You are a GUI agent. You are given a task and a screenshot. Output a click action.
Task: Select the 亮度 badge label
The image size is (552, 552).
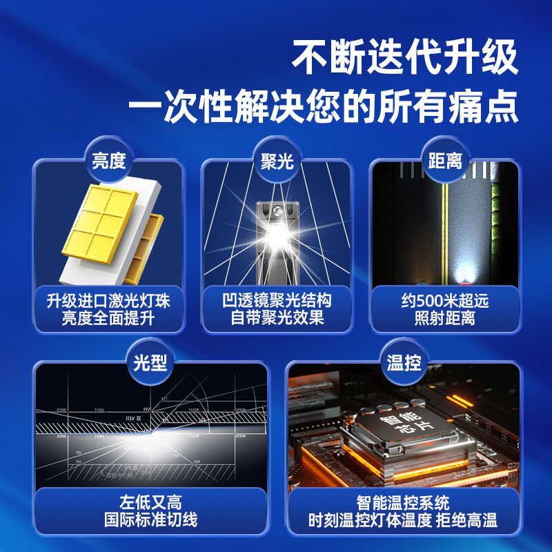tap(108, 161)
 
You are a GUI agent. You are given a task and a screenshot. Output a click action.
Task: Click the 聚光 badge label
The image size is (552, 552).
tap(276, 161)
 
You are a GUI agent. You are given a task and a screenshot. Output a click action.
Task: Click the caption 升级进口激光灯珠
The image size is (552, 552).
tap(108, 301)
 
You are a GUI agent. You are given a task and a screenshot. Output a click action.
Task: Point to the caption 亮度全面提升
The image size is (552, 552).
tap(108, 319)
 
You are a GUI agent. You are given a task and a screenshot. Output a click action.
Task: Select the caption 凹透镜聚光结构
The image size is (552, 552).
tap(276, 301)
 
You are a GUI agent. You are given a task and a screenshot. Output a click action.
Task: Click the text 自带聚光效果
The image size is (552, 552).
tap(276, 319)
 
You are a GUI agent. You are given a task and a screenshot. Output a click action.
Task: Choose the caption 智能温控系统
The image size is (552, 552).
tap(403, 502)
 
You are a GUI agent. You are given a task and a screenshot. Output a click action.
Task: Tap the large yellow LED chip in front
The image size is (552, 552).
tap(102, 223)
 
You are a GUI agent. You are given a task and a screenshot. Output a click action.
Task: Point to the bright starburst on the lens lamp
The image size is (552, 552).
tap(277, 239)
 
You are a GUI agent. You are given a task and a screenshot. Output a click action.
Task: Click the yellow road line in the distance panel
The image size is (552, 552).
tap(445, 228)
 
